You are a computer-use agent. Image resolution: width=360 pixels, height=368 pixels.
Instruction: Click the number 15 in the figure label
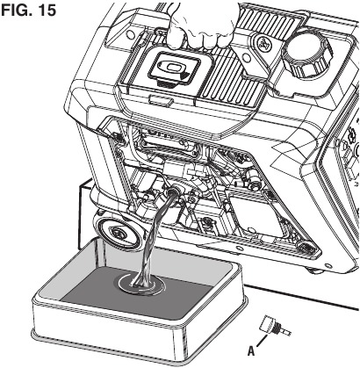[x=47, y=11]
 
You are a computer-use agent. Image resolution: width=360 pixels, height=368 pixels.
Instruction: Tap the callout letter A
[x=251, y=351]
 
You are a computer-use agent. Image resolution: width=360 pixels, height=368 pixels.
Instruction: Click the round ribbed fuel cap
[x=307, y=54]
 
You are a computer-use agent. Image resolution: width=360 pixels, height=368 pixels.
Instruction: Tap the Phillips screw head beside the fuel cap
[x=266, y=44]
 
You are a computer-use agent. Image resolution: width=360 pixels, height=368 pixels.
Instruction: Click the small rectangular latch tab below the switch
[x=160, y=99]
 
